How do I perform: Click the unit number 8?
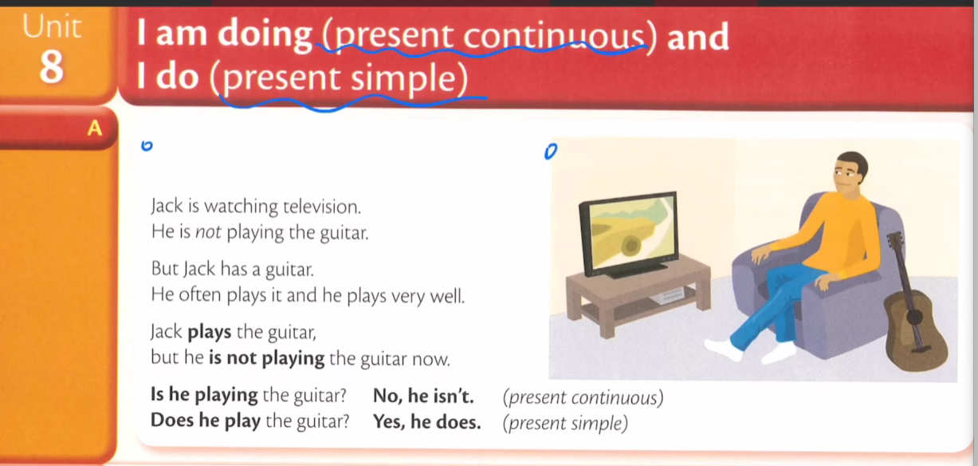(x=52, y=66)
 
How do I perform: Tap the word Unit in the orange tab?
(x=52, y=27)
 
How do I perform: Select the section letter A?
(x=95, y=128)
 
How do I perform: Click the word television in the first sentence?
(x=322, y=207)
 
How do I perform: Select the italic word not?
(x=208, y=232)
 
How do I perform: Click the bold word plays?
(x=209, y=333)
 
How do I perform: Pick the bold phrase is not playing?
(x=267, y=358)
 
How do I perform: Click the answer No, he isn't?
(x=423, y=396)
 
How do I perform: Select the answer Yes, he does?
(x=426, y=422)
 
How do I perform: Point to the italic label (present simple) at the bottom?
(x=565, y=423)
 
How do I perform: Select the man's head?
(x=850, y=172)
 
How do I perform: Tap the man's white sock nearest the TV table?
(x=723, y=349)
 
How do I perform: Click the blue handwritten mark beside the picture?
(x=551, y=152)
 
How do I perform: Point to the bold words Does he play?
(x=205, y=421)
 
